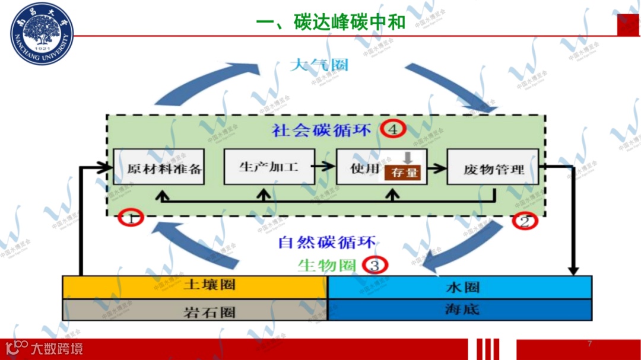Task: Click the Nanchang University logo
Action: [x=42, y=33]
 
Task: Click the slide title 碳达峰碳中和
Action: [x=331, y=22]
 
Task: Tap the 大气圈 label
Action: [x=319, y=65]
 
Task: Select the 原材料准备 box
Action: [x=159, y=167]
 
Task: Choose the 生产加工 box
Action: [x=269, y=167]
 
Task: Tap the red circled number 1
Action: [x=132, y=218]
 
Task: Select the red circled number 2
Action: [x=525, y=222]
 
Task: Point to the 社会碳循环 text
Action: [x=322, y=129]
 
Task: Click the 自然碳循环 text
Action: [x=327, y=243]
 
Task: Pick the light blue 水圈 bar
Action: [x=460, y=287]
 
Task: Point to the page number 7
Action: [x=589, y=344]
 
